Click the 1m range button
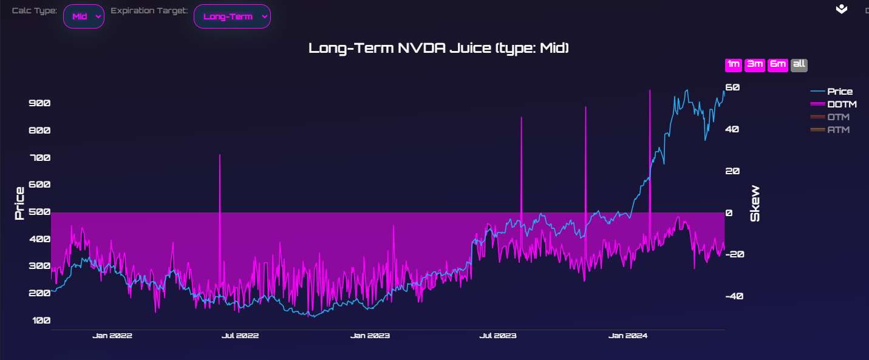pos(733,65)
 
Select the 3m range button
pos(754,65)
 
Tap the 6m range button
pos(777,65)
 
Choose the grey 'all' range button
pos(799,65)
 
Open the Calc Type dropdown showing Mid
pos(84,16)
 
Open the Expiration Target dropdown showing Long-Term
pos(232,16)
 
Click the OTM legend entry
pos(838,117)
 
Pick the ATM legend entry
pos(838,130)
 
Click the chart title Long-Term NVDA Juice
pos(438,48)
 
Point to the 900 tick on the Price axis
pos(39,103)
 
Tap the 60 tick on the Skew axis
pos(733,87)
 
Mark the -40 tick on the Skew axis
pos(735,296)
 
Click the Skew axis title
pos(755,203)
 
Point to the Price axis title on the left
pos(19,203)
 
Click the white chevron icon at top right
pos(842,9)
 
